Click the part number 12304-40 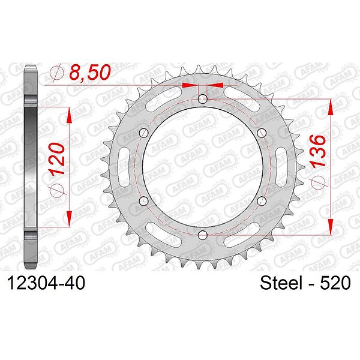click(x=46, y=283)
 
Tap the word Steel click(x=281, y=283)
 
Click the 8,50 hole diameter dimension click(x=90, y=73)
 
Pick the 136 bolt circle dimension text click(x=317, y=151)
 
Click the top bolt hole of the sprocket click(x=203, y=99)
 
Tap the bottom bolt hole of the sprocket click(x=203, y=235)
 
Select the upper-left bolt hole click(x=144, y=133)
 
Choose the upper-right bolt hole click(x=262, y=133)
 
